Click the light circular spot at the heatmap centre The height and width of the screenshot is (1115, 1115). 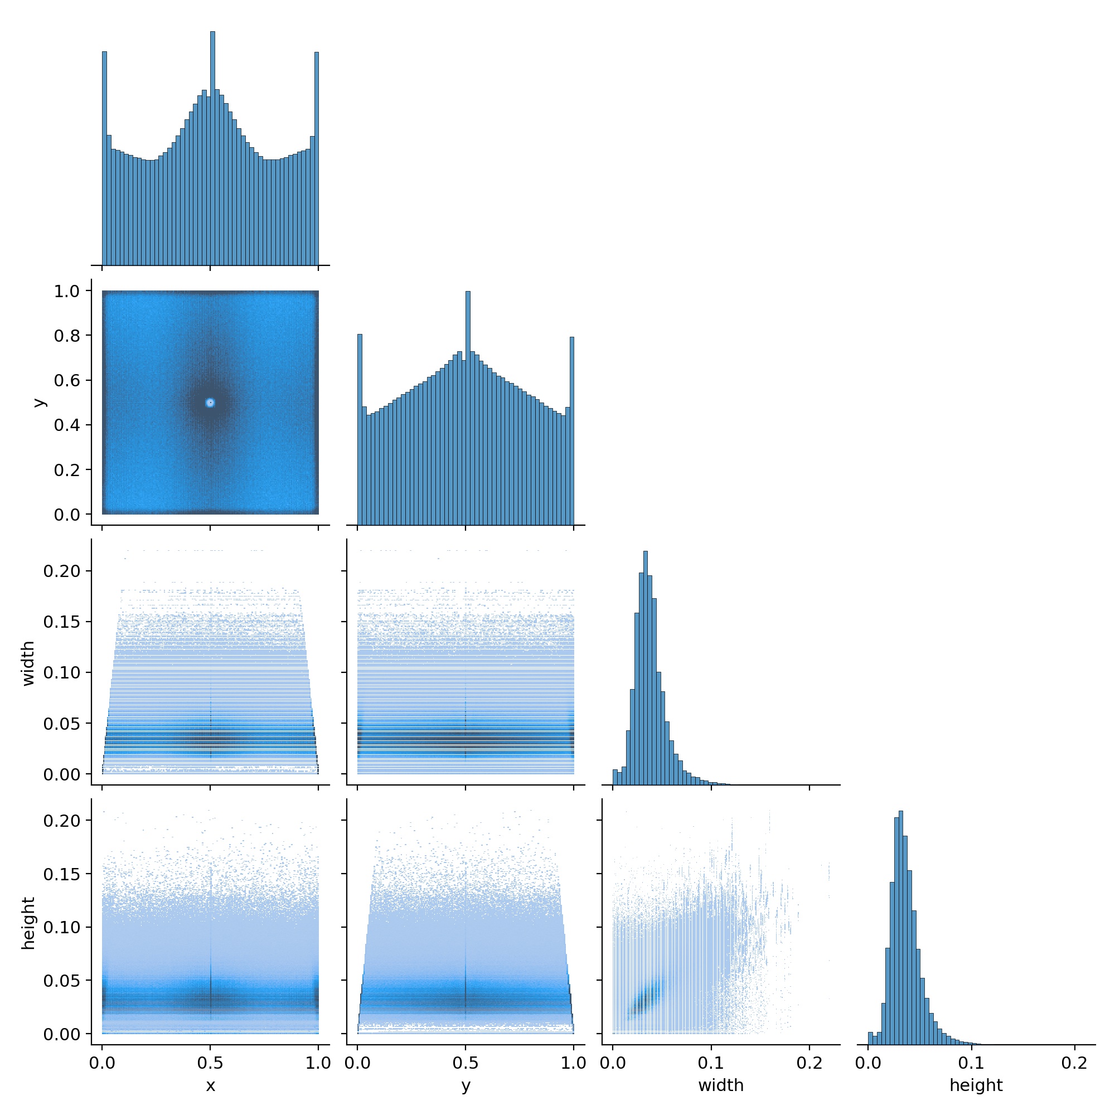point(210,403)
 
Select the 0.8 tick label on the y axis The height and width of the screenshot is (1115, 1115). point(67,336)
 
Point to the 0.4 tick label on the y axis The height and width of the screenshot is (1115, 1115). point(67,425)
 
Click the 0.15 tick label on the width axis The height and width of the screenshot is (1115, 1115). point(62,622)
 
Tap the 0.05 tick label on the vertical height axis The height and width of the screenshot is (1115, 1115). point(62,981)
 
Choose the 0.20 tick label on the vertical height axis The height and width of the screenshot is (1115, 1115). point(62,821)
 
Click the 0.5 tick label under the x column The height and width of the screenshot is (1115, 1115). point(210,1063)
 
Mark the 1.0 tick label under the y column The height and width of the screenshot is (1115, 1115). point(574,1063)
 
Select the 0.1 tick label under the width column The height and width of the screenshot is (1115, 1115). point(711,1063)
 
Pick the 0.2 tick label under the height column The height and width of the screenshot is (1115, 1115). point(1075,1063)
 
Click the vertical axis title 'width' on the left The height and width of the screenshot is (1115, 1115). point(28,663)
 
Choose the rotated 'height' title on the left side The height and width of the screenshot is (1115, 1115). point(28,923)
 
